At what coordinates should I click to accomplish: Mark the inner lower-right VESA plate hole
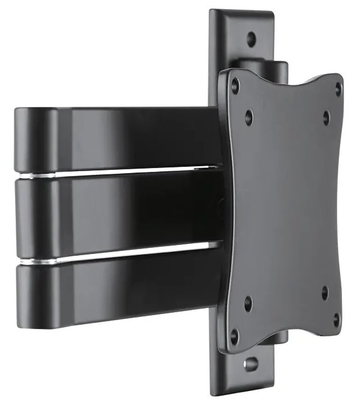coord(325,293)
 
